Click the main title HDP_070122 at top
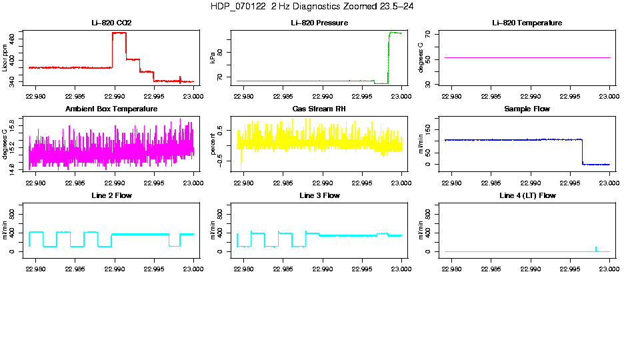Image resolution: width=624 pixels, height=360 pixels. coord(311,6)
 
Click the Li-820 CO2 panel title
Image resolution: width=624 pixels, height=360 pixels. coord(111,23)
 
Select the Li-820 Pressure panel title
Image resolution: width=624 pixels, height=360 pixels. coord(319,23)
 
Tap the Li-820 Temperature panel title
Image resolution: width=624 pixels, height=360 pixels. coord(527,23)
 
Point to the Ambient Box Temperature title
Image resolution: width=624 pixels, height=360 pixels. coord(111,109)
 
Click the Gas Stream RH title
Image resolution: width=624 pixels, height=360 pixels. coord(319,109)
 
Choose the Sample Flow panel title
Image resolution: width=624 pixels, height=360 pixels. coord(527,109)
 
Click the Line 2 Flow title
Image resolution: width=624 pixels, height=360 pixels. coord(111,195)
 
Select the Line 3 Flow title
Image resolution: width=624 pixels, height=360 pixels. coord(319,195)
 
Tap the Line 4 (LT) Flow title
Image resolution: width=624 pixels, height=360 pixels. coord(527,195)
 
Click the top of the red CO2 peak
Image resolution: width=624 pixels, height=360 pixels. coord(119,33)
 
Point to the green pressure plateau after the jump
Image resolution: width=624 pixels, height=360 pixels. coord(395,33)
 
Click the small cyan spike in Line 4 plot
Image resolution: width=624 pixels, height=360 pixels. coord(596,248)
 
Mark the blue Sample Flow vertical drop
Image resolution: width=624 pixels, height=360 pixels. coord(582,152)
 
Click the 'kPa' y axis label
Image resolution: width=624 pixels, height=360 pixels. coord(213,58)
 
